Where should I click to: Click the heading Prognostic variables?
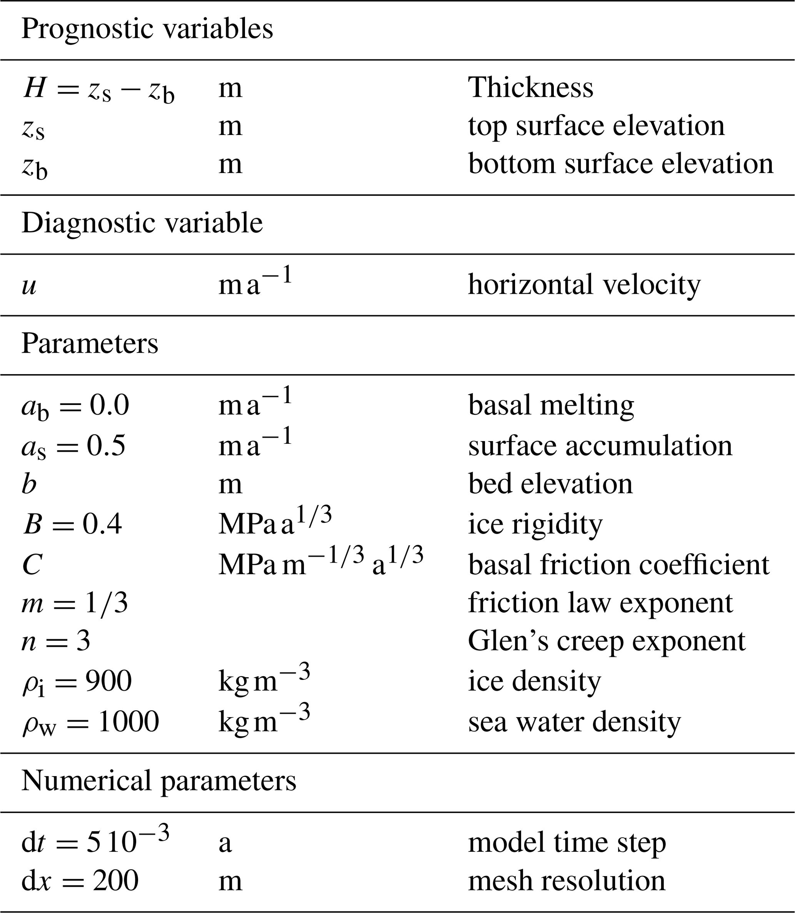tap(147, 29)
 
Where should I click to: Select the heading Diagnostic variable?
tap(142, 223)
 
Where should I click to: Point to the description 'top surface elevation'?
tap(596, 126)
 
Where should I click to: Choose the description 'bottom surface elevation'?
tap(621, 164)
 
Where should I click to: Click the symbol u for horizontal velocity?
tap(29, 286)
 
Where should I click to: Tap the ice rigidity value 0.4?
tap(102, 524)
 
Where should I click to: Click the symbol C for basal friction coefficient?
tap(32, 565)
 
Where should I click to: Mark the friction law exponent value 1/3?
tap(107, 603)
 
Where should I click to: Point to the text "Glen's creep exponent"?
tap(607, 641)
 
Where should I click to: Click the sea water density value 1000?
tap(128, 721)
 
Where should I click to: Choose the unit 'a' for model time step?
tap(225, 843)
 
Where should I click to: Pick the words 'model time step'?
tap(567, 843)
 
